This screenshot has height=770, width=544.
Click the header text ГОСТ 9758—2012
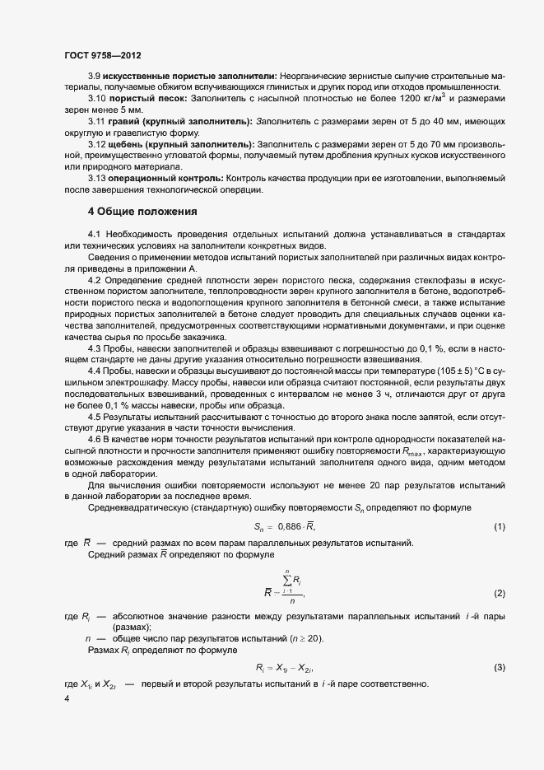click(102, 56)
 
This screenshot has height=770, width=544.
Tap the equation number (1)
click(499, 526)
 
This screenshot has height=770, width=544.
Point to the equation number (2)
click(499, 594)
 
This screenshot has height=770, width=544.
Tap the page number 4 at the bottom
click(67, 699)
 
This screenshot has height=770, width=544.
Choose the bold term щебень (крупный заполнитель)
click(177, 143)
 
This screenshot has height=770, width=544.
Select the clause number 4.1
click(95, 235)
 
